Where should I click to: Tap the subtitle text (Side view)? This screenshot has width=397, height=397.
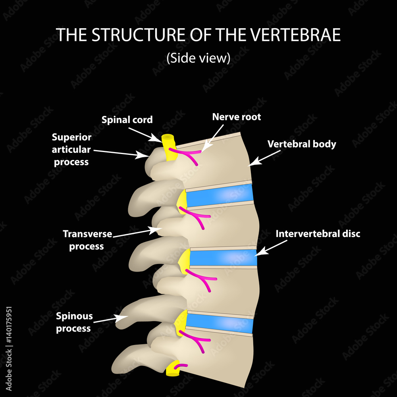pyautogui.click(x=198, y=58)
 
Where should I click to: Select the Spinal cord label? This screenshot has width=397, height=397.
pyautogui.click(x=127, y=119)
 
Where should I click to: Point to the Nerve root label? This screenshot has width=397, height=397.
pyautogui.click(x=237, y=117)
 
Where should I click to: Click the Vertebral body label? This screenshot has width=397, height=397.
pyautogui.click(x=302, y=144)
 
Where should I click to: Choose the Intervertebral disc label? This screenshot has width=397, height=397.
pyautogui.click(x=318, y=234)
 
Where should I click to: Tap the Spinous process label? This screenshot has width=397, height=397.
pyautogui.click(x=74, y=322)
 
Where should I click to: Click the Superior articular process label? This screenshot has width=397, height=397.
pyautogui.click(x=71, y=149)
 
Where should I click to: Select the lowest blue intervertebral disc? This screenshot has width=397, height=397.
pyautogui.click(x=220, y=322)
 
